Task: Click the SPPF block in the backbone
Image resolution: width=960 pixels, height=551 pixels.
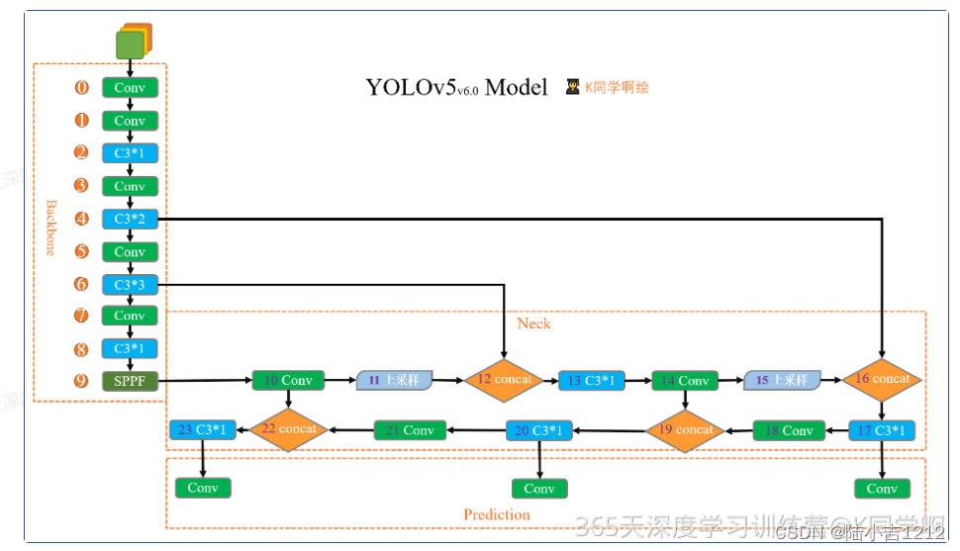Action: pos(130,381)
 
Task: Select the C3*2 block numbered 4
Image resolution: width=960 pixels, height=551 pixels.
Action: pos(130,219)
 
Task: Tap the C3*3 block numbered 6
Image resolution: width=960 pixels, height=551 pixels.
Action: pos(130,285)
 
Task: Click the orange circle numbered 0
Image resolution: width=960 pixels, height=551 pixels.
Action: pos(82,88)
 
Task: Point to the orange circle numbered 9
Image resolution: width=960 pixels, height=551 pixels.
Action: pos(82,381)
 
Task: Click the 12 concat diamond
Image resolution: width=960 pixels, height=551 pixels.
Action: pos(505,380)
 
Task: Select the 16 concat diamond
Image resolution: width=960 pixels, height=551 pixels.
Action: pos(882,380)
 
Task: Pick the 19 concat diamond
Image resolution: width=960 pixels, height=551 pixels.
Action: pos(686,430)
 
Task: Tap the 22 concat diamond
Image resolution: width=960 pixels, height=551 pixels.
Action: pos(288,429)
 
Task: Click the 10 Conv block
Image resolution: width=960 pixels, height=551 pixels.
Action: pos(288,381)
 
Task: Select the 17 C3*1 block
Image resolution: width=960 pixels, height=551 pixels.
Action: pos(882,430)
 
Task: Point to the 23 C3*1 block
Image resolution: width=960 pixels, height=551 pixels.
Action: pos(203,429)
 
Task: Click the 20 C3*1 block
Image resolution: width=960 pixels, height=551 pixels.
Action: pos(539,430)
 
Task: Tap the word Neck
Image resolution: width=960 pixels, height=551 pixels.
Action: pos(533,323)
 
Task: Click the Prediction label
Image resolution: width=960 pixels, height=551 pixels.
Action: pos(497,514)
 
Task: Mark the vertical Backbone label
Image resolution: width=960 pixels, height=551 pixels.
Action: pos(50,228)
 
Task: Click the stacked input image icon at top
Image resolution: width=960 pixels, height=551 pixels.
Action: pos(133,42)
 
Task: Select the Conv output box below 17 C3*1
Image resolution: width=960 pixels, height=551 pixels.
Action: pos(882,489)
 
